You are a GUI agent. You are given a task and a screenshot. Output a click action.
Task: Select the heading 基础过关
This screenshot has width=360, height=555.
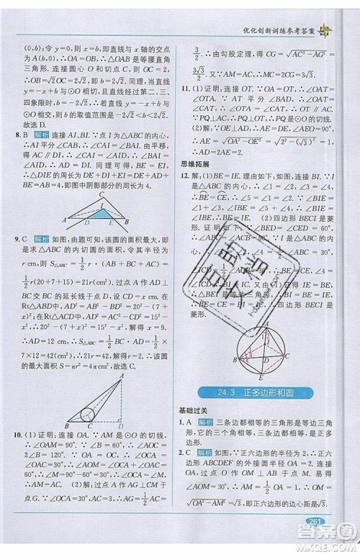194,410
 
